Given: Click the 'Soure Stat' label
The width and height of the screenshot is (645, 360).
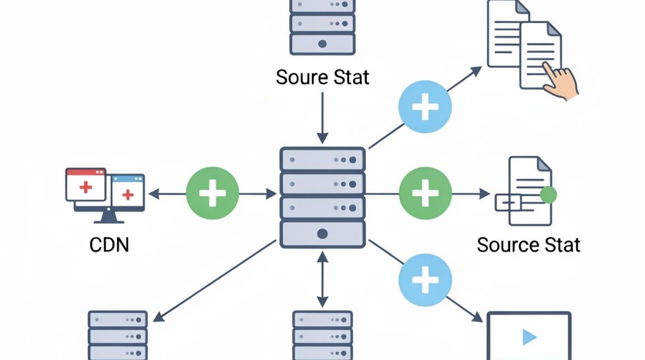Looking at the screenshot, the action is (x=322, y=77).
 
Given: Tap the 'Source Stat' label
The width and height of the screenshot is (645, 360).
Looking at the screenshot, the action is (x=528, y=245).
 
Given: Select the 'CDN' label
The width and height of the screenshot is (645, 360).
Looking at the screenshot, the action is (x=109, y=245).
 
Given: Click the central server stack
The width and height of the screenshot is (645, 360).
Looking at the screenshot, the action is (x=322, y=198).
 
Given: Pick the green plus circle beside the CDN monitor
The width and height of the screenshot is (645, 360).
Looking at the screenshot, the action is (x=213, y=193).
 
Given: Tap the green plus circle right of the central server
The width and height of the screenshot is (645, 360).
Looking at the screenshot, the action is (x=425, y=193).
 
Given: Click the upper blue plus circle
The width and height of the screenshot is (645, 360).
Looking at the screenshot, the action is (x=425, y=107).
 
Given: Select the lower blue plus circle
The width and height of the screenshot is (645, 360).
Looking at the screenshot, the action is (x=425, y=280).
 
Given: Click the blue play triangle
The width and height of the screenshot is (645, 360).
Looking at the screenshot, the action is (x=529, y=337).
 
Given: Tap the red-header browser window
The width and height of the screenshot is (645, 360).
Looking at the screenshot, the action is (x=86, y=185).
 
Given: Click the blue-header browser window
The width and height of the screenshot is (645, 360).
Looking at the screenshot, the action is (x=128, y=191).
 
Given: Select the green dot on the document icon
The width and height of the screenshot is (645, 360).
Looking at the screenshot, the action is (x=549, y=195).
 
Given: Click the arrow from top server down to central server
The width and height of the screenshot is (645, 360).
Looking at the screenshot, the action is (x=322, y=118).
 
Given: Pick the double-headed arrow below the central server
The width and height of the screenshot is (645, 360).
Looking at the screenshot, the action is (x=322, y=279).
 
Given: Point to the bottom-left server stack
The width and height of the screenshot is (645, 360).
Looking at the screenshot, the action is (x=118, y=335).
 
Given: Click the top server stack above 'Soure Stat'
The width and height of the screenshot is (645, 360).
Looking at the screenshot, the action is (x=322, y=27).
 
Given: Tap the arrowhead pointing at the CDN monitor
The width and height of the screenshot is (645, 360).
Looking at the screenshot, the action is (x=154, y=194).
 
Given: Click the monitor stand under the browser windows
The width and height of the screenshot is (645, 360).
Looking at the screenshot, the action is (x=109, y=217).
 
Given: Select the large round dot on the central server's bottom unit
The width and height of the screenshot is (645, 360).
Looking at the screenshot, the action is (x=322, y=234).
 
